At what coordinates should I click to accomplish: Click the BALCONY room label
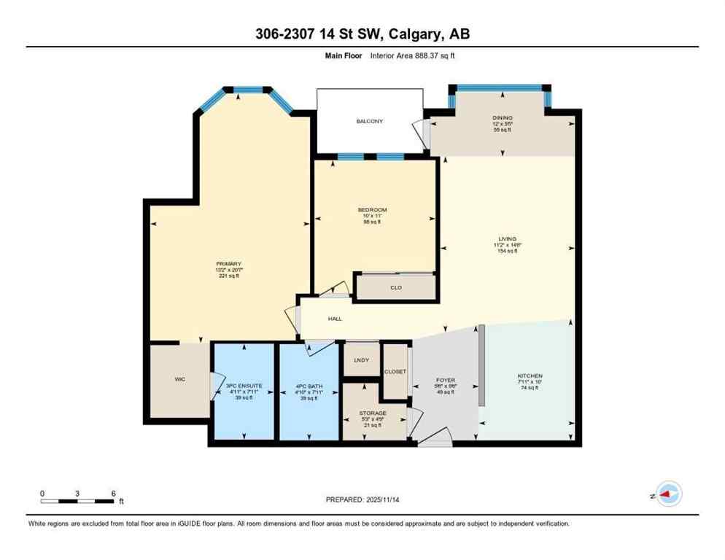[x=369, y=121]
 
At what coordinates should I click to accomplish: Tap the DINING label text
[x=502, y=117]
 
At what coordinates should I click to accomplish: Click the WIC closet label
[x=180, y=379]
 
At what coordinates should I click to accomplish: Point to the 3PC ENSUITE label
[x=243, y=385]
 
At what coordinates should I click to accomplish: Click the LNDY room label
[x=360, y=359]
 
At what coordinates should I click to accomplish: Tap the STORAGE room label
[x=372, y=413]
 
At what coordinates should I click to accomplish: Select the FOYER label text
[x=446, y=381]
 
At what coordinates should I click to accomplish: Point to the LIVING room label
[x=507, y=239]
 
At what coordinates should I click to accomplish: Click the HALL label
[x=335, y=319]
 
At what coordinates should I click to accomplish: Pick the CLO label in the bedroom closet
[x=396, y=288]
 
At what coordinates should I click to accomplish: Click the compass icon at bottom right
[x=668, y=494]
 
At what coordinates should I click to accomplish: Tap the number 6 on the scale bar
[x=113, y=494]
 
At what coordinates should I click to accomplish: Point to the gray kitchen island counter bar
[x=481, y=365]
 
